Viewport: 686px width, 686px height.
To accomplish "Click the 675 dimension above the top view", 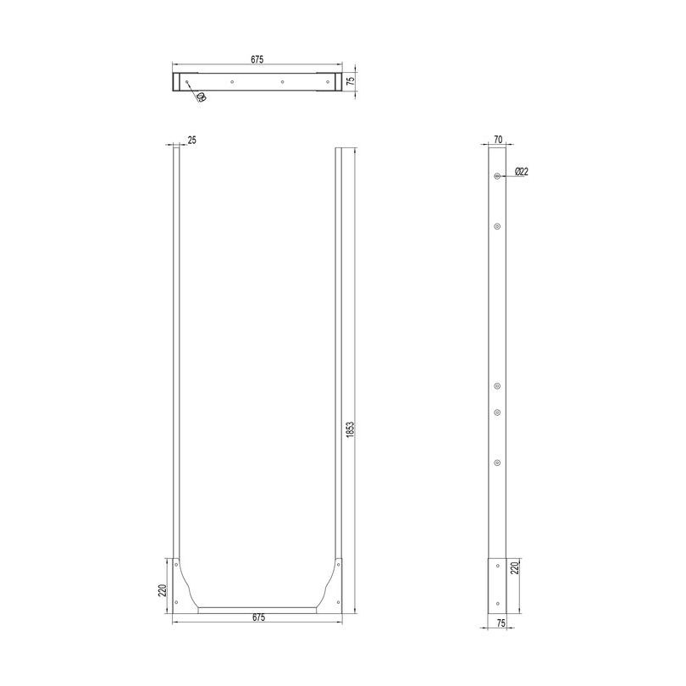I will (257, 59).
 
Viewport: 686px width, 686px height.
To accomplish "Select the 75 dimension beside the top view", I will (348, 81).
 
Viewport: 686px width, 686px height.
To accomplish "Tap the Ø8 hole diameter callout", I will (201, 97).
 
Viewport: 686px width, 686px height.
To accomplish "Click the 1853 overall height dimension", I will (349, 429).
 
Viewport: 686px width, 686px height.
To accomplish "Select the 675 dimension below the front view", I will (258, 617).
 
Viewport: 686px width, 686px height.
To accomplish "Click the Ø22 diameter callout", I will (522, 172).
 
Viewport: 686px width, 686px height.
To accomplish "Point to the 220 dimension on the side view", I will (513, 567).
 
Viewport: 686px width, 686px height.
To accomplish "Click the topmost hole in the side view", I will (497, 175).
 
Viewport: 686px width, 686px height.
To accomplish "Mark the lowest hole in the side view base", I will (497, 603).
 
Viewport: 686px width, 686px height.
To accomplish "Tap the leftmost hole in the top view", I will (188, 82).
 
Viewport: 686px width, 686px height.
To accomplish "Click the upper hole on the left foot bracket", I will (176, 564).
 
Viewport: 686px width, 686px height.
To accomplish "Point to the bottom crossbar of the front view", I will (257, 608).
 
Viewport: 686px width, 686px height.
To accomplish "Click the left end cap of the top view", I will (177, 82).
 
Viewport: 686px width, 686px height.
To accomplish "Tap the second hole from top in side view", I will (497, 226).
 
